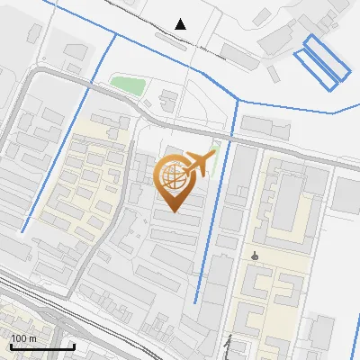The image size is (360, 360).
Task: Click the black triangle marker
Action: [181, 24]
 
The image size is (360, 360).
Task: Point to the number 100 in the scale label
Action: [19, 338]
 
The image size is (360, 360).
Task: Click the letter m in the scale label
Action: [32, 338]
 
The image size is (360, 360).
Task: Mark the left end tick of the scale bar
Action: [11, 346]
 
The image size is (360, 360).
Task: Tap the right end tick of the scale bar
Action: [73, 346]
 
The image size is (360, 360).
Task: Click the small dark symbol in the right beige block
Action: [256, 256]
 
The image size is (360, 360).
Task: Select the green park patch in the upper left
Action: [129, 85]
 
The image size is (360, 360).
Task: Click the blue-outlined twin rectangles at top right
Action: [321, 61]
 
